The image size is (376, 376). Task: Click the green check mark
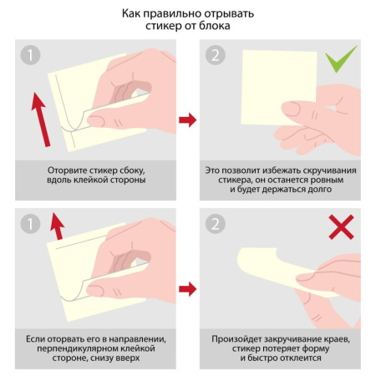(x=341, y=59)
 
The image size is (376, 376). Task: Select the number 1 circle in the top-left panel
(x=31, y=56)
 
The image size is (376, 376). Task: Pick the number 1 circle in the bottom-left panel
(x=31, y=225)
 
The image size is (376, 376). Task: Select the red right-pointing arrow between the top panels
(x=188, y=120)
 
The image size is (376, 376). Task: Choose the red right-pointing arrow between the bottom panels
(x=188, y=289)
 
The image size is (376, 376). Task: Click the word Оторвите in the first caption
(x=68, y=170)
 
